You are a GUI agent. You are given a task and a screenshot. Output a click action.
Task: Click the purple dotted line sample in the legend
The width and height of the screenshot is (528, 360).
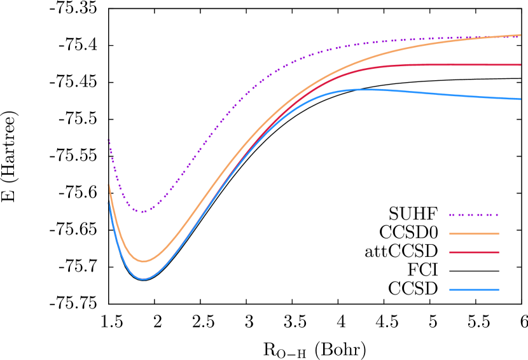(x=474, y=215)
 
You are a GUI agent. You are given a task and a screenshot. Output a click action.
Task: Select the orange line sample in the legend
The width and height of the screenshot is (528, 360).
(x=474, y=233)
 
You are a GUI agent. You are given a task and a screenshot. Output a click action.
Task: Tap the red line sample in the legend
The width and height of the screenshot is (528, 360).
(x=474, y=253)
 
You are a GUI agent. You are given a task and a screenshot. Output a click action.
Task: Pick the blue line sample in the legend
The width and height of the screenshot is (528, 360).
(x=474, y=290)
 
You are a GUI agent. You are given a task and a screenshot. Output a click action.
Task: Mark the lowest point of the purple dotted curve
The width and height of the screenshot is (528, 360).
(x=142, y=212)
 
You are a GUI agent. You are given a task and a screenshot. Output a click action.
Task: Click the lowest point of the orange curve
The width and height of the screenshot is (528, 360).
(x=143, y=261)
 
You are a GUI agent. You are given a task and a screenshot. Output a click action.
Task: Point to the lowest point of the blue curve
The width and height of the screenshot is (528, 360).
(x=143, y=279)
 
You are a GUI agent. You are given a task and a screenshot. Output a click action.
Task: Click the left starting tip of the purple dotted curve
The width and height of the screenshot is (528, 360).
(x=108, y=139)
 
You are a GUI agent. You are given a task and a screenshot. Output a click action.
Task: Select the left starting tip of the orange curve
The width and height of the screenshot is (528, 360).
(x=109, y=185)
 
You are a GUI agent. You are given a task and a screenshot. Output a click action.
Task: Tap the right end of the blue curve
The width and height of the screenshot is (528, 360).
(x=520, y=99)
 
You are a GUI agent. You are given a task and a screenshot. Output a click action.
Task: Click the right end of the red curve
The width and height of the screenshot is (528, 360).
(x=520, y=65)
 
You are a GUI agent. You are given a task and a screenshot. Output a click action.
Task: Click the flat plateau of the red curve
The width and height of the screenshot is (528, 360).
(x=458, y=65)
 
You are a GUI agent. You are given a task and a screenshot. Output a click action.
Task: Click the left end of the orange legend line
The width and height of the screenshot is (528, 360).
(x=450, y=233)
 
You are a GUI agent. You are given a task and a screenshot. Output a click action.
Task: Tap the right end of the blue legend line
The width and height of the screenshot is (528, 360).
(x=499, y=290)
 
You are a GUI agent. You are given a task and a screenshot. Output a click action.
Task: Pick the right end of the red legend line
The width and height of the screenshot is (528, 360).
(x=499, y=253)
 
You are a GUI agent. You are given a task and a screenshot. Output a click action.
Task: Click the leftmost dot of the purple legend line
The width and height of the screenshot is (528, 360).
(x=450, y=215)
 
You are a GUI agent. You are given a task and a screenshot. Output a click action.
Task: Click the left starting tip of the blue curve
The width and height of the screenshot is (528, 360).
(x=109, y=203)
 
